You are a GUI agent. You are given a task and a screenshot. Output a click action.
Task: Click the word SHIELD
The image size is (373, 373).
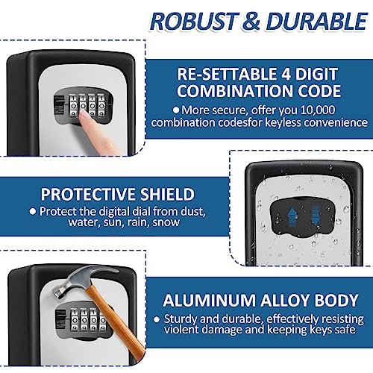[x=165, y=194]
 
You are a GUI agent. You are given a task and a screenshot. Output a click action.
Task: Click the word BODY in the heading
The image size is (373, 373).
[x=337, y=301]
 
